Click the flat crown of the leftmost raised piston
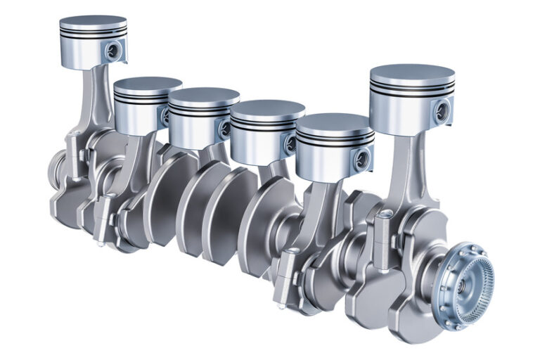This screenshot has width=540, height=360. pyautogui.click(x=93, y=22)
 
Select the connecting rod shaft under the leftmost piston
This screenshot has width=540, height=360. pyautogui.click(x=91, y=98)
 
